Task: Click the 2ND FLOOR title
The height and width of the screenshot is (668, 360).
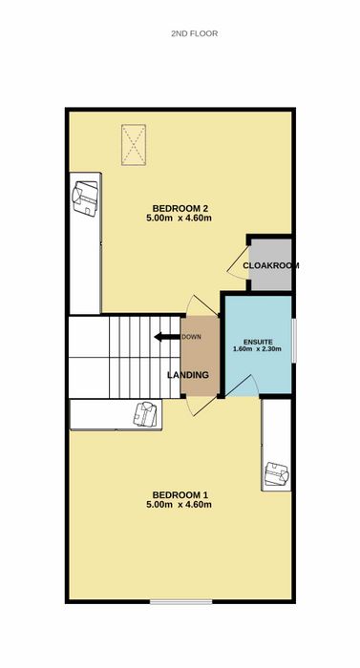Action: click(x=195, y=33)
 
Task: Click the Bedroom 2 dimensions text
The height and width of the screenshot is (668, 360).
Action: click(x=180, y=219)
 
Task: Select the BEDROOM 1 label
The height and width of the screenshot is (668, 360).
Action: click(x=180, y=495)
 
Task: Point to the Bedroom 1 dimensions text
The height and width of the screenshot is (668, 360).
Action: click(x=180, y=505)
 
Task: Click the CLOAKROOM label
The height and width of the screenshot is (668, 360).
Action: click(x=271, y=265)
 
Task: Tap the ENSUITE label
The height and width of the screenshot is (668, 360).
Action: click(x=257, y=342)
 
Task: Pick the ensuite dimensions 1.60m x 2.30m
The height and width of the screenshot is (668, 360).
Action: click(x=257, y=349)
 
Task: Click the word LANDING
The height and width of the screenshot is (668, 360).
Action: click(x=188, y=375)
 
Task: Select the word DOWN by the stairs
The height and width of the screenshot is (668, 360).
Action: click(x=191, y=337)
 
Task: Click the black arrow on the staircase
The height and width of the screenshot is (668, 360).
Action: click(x=167, y=337)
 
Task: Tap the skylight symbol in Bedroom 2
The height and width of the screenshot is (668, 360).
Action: click(x=134, y=145)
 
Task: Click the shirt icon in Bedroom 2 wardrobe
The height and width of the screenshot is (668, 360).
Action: click(x=85, y=198)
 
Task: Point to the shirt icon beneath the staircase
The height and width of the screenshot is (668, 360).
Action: click(x=145, y=413)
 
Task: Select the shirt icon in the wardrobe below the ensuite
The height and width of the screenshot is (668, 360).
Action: click(x=277, y=473)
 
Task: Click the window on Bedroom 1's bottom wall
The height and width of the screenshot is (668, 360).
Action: click(x=180, y=601)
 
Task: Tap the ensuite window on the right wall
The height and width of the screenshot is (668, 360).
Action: click(x=294, y=341)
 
